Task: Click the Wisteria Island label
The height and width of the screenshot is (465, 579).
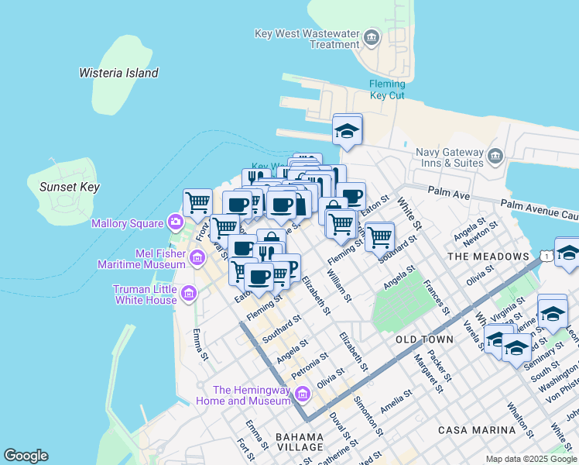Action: coord(118,73)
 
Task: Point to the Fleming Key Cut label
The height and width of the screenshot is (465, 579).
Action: coord(387,90)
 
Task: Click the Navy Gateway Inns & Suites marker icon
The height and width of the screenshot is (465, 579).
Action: coord(495,157)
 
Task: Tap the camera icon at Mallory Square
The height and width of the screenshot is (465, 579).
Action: coord(176,223)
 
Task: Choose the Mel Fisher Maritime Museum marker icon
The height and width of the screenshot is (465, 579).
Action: coord(197,258)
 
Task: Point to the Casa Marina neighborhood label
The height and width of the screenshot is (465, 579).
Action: coord(476,429)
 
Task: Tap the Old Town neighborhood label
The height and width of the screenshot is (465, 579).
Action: coord(424,340)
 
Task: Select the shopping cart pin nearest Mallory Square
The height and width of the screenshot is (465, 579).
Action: coord(198,201)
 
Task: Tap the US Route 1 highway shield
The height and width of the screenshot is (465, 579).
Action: coord(546,255)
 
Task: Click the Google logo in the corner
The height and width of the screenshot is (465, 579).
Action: coord(26,456)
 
